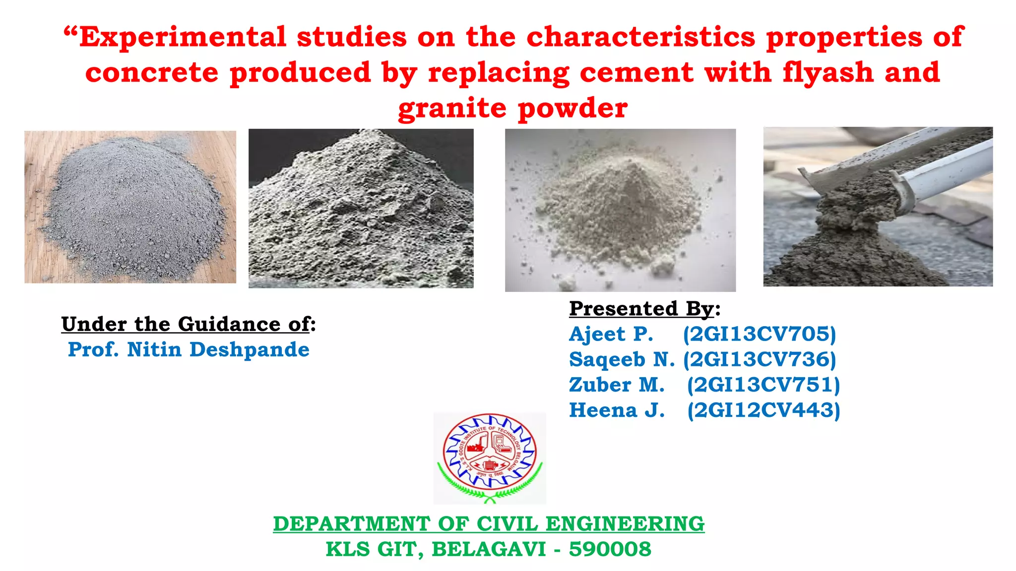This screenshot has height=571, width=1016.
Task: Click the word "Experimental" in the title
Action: pos(183,37)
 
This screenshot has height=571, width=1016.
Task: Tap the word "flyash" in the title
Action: pos(827,72)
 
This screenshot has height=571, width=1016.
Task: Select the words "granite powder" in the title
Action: pos(513,108)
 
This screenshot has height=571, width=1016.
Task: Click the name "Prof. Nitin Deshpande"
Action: pos(189,349)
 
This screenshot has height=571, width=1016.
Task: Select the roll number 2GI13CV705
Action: pos(760,334)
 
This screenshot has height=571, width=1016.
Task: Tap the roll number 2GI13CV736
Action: pos(760,359)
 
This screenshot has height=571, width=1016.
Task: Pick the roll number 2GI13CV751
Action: pos(763,385)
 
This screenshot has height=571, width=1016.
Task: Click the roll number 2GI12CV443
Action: pos(763,410)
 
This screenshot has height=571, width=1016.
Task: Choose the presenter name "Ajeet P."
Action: pos(611,334)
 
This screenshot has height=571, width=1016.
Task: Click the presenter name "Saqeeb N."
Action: pos(622,359)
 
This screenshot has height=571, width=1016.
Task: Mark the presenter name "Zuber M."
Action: pos(617,385)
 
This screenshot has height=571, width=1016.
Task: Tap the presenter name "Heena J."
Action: pos(617,410)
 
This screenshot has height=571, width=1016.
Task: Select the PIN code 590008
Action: pos(610,549)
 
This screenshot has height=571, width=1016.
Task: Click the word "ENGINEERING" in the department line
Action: pos(625,524)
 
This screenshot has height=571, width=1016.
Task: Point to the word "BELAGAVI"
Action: pos(489,549)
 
